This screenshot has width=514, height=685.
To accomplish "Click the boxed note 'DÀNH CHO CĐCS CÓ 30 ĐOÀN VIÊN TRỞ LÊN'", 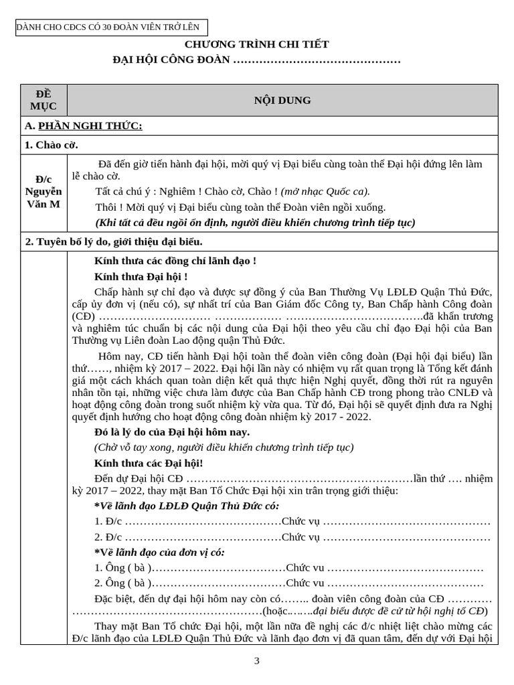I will pos(111,27).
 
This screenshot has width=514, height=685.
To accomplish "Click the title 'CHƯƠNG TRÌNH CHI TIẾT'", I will pos(257,44).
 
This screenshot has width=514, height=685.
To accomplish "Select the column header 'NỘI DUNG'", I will pos(282,100).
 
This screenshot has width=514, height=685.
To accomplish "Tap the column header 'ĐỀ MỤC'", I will pos(44,100).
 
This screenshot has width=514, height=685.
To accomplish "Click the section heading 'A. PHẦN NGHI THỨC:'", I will pos(83,126).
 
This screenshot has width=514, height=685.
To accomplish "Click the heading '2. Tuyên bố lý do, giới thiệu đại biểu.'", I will pos(114,241).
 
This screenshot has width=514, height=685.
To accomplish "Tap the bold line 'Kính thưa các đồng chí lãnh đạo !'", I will pos(175,261).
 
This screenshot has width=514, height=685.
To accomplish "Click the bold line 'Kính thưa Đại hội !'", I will pos(141,276).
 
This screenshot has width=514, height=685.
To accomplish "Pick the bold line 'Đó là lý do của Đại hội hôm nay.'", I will pos(172,433).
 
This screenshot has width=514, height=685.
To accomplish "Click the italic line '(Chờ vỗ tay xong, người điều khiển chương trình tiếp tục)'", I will pos(224,448).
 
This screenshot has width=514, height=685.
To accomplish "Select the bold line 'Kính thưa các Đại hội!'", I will pos(148,463).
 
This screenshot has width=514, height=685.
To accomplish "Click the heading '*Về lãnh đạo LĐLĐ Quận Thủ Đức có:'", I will pos(187,506).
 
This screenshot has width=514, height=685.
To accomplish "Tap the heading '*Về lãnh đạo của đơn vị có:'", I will pos(159,553).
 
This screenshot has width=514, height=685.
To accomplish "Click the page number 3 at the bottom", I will pos(256,661).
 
